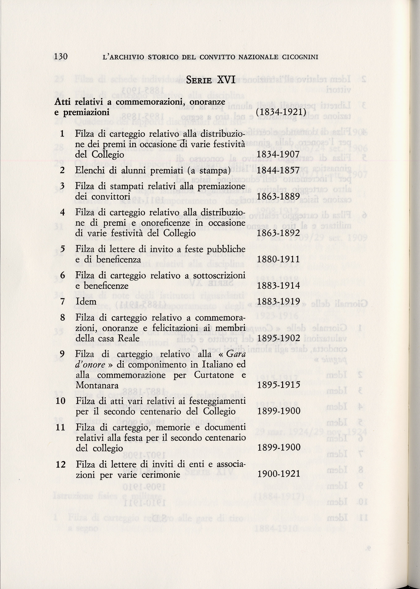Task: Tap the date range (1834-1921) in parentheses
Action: click(281, 112)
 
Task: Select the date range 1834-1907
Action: click(278, 154)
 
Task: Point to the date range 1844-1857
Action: click(278, 170)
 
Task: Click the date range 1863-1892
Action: click(278, 233)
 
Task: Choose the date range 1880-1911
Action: click(278, 259)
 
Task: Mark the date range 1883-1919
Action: click(278, 301)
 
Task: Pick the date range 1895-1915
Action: click(278, 385)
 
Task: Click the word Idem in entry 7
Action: click(86, 302)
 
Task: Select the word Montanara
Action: click(97, 385)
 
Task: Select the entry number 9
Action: click(62, 354)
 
